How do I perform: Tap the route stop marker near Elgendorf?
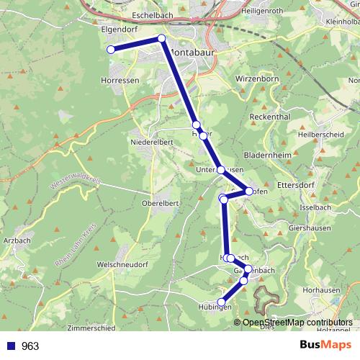click(111, 49)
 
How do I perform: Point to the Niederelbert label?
click(150, 142)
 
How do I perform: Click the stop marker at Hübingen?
click(222, 302)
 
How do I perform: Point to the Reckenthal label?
click(269, 117)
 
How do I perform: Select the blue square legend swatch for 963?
click(10, 346)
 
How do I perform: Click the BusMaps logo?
click(325, 346)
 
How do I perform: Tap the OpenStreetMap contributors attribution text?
click(297, 323)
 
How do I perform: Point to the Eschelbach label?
click(154, 15)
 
